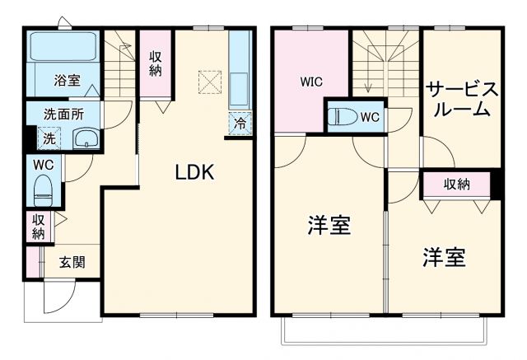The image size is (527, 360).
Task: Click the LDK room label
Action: (x=194, y=173)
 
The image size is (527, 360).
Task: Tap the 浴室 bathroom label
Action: (x=67, y=81)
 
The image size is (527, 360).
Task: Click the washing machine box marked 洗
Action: (x=49, y=138)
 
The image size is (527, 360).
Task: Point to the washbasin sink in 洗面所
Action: (x=85, y=138)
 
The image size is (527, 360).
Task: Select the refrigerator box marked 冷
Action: (x=240, y=124)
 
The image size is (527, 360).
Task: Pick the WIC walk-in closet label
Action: (x=311, y=82)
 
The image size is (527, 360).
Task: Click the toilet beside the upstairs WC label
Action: (x=339, y=118)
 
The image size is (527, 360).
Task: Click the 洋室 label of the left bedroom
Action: (x=329, y=225)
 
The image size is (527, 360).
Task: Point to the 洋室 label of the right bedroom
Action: (x=445, y=258)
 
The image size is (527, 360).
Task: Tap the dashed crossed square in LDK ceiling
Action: (x=208, y=82)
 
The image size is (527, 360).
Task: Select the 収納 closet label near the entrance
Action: (x=39, y=227)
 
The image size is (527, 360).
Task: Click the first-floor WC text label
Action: (x=43, y=165)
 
